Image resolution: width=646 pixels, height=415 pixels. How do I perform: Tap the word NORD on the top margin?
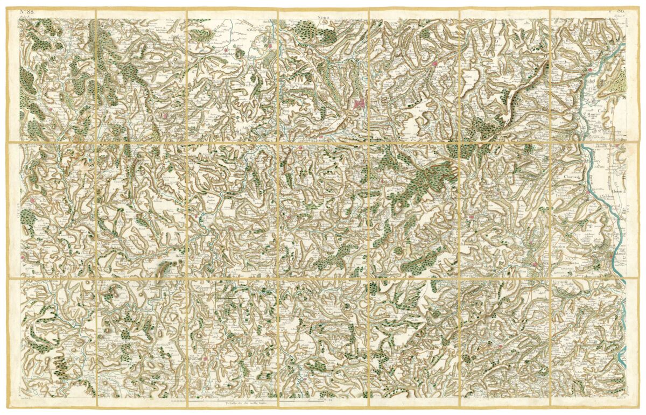point(324,18)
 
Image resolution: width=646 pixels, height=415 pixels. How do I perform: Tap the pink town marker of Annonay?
point(535,264)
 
